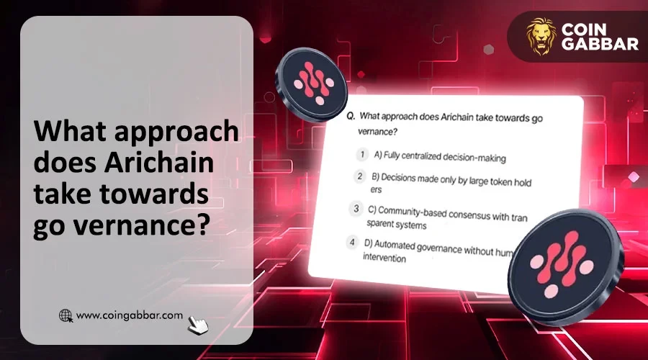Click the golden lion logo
[541, 37]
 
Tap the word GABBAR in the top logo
[600, 44]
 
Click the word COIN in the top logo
[584, 30]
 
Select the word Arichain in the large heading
[158, 162]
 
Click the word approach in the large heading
[176, 132]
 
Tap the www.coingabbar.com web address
[130, 315]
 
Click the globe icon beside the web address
[66, 316]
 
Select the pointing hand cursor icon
[198, 325]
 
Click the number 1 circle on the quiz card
[362, 155]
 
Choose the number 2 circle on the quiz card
[359, 176]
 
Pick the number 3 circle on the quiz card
[356, 208]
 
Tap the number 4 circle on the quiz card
[352, 242]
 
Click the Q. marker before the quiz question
[351, 116]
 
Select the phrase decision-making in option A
[475, 158]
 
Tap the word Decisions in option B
[398, 178]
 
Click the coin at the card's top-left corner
[312, 84]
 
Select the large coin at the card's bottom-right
[565, 266]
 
